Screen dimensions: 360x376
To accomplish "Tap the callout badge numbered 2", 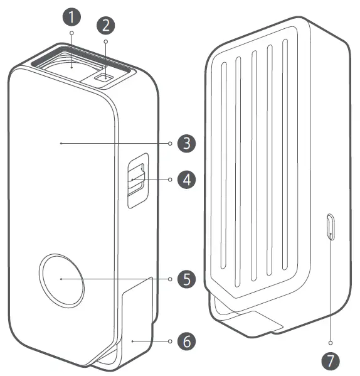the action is click(105, 25).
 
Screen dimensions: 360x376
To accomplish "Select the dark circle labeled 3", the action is click(187, 143).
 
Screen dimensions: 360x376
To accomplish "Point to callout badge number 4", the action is click(187, 180).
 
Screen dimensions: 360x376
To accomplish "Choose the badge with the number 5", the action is click(187, 279).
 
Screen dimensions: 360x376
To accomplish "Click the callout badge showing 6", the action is click(187, 341).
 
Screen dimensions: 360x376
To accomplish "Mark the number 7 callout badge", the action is click(331, 361).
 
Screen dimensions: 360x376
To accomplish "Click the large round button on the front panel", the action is click(61, 281).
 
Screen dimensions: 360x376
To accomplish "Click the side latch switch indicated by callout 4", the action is click(137, 179).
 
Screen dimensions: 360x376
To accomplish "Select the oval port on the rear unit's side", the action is click(331, 227).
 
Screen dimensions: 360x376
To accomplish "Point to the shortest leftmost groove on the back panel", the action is click(223, 166).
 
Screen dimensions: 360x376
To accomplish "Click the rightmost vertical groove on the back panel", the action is click(285, 154).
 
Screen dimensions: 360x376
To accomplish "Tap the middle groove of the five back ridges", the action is click(254, 166).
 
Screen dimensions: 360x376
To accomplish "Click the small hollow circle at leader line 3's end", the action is click(170, 143).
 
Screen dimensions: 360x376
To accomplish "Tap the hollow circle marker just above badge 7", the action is click(331, 343).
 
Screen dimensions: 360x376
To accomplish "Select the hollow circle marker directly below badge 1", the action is click(71, 33).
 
